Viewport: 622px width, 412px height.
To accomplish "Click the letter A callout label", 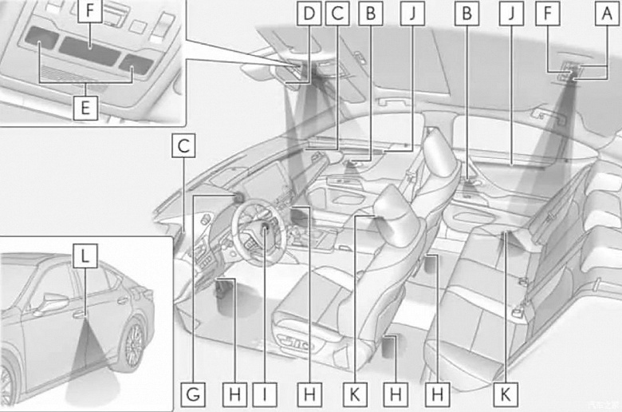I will click(608, 13).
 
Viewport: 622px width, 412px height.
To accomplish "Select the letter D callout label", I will click(307, 13).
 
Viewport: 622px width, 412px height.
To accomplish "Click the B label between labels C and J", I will click(369, 13).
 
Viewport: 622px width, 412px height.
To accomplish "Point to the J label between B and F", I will click(513, 13).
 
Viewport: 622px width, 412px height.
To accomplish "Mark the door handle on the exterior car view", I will click(81, 314).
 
